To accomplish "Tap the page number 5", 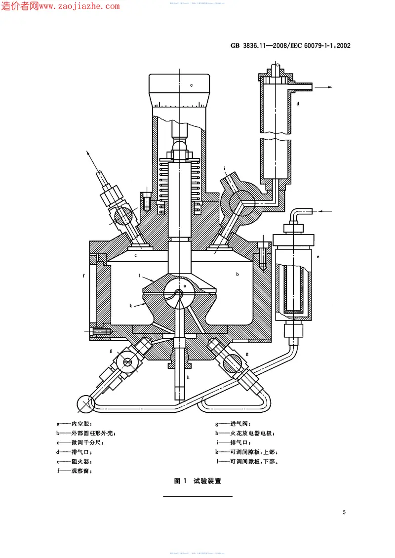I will (x=344, y=512).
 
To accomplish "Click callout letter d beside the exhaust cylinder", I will (x=298, y=104).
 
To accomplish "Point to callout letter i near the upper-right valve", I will (x=224, y=168).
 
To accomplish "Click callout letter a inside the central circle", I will (x=184, y=285).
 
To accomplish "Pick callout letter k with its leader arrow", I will (x=131, y=306).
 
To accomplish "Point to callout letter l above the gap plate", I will (x=140, y=276).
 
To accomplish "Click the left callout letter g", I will (x=112, y=351).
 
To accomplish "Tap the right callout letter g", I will (x=247, y=354).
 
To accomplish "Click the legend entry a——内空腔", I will (x=74, y=424).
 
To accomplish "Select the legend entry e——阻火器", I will (x=74, y=461).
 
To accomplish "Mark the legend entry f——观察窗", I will (x=74, y=471).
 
